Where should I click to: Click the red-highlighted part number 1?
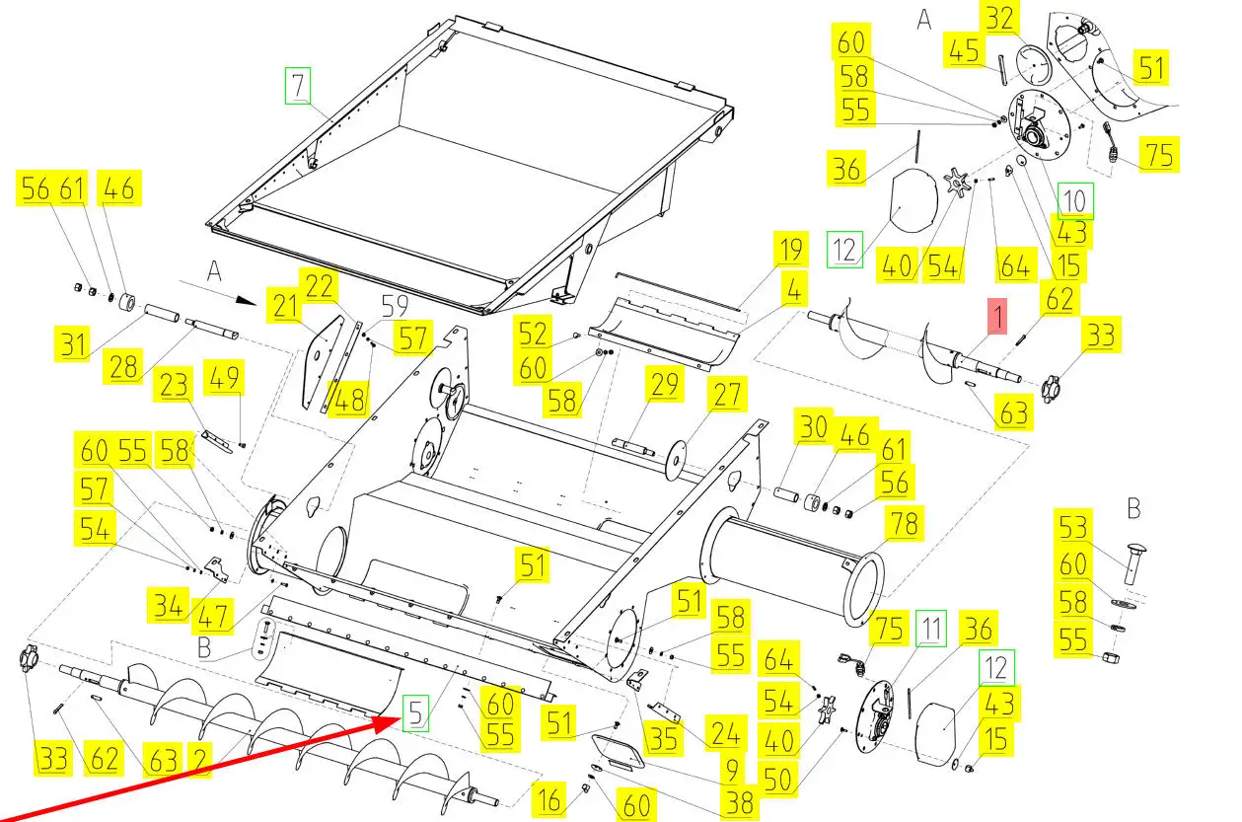[x=996, y=318]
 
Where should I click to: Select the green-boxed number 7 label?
[x=298, y=86]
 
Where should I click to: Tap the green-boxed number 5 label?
[x=416, y=710]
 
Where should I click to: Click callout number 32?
[x=999, y=18]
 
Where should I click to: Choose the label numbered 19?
[x=790, y=249]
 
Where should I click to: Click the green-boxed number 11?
[x=930, y=628]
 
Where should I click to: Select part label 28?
[x=124, y=368]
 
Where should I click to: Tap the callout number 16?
[x=549, y=799]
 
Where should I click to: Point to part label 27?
[x=727, y=396]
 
